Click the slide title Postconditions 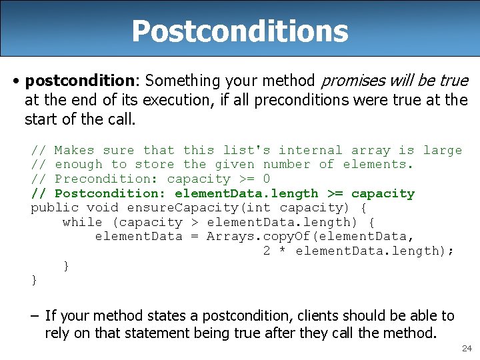239,31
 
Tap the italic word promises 352,81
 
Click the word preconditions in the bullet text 305,101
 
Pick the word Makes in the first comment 74,151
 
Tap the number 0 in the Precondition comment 267,179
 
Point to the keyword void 103,207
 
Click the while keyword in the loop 83,222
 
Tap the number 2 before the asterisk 267,251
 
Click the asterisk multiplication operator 283,251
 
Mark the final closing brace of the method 35,280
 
